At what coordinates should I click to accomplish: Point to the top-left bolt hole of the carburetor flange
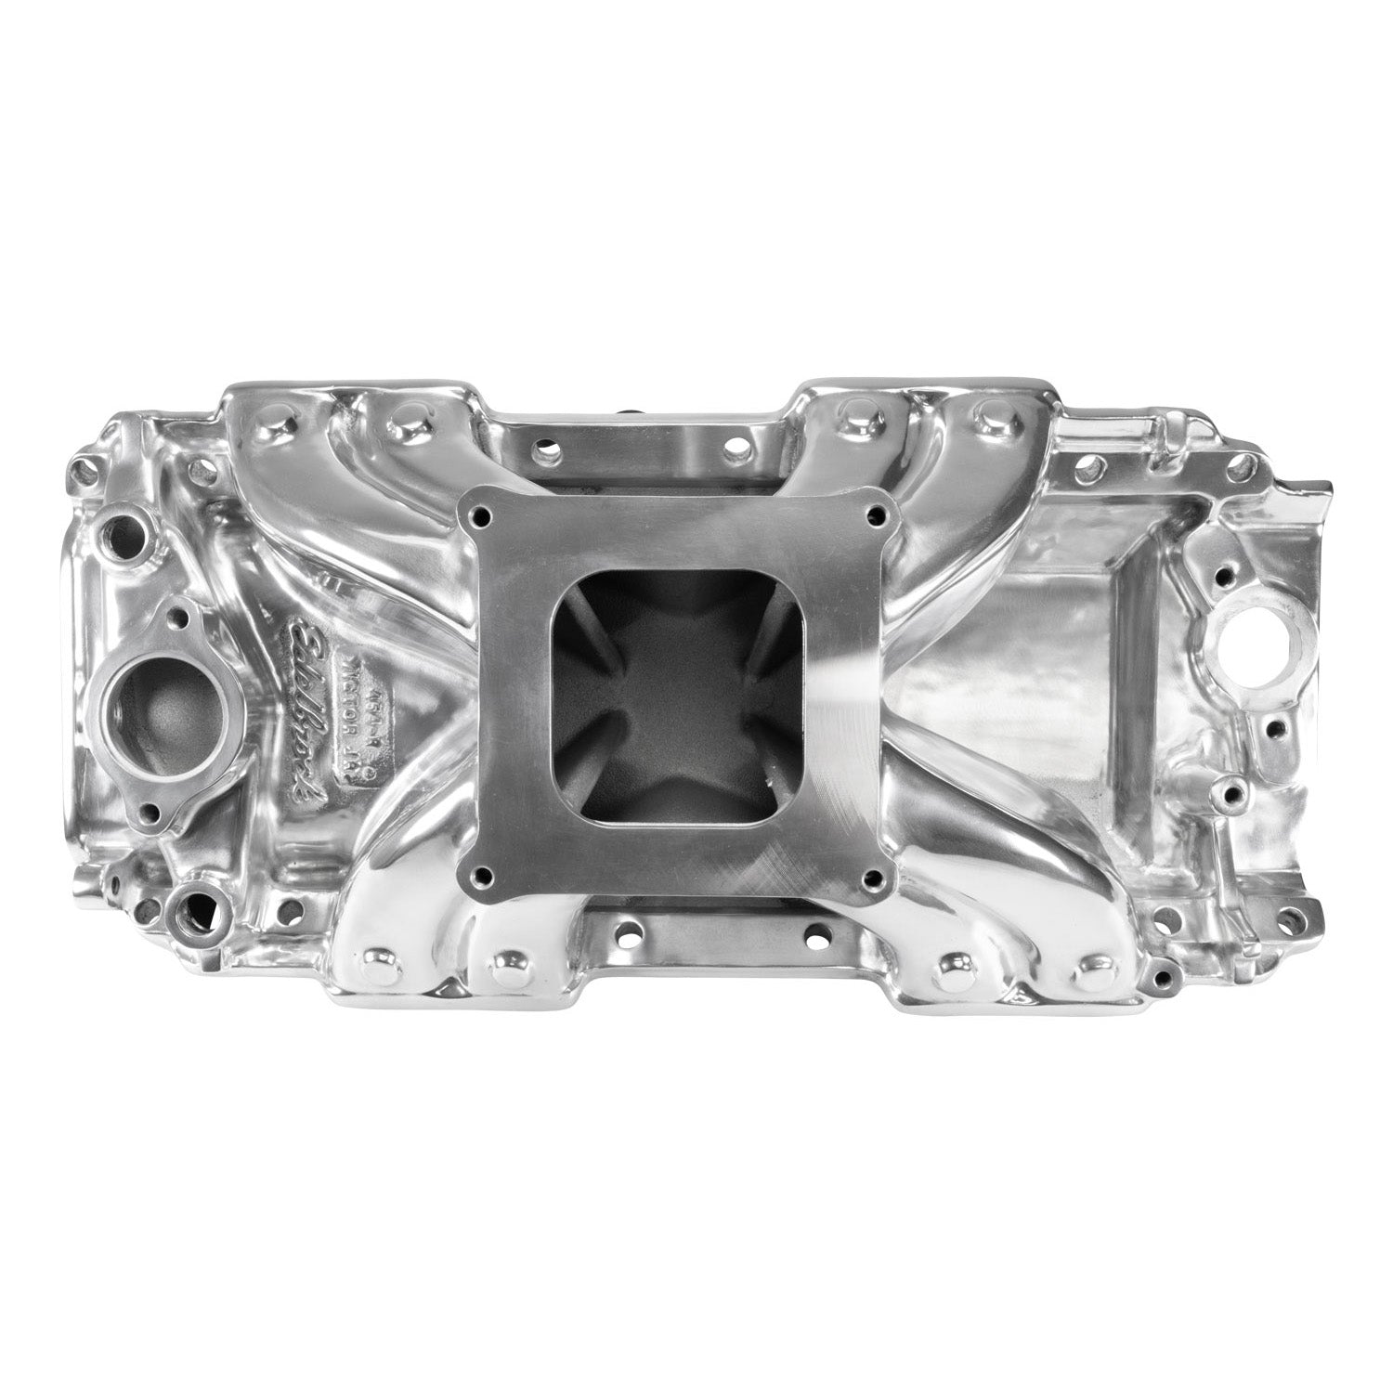(479, 513)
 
